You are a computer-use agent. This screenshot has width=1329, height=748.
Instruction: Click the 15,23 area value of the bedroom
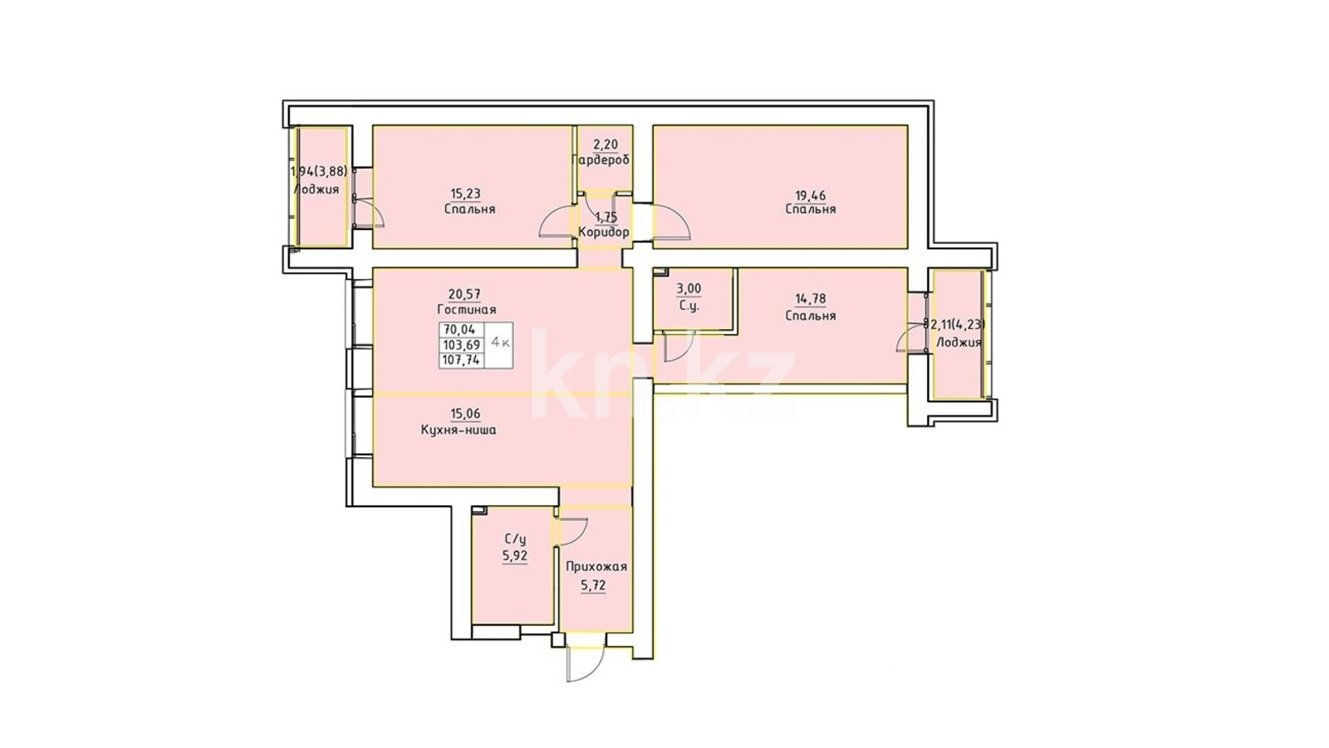(465, 194)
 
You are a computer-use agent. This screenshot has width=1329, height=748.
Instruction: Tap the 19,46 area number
(810, 194)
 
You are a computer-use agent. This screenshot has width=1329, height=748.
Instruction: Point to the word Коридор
(604, 232)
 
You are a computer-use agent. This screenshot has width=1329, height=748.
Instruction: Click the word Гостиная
(466, 309)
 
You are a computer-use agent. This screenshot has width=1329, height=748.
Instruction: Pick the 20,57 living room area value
(465, 294)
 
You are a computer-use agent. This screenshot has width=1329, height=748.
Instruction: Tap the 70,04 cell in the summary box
(462, 330)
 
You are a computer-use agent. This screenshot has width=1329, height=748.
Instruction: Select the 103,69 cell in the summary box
(462, 345)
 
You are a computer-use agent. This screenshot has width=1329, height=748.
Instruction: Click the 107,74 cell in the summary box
(462, 360)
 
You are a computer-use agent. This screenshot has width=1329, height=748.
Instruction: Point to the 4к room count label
(499, 342)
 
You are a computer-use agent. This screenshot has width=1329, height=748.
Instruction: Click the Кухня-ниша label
(459, 430)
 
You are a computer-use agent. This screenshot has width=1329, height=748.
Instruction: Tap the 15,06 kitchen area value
(466, 414)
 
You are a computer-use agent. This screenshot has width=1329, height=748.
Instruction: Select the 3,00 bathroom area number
(689, 289)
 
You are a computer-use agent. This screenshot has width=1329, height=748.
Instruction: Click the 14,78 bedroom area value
(811, 299)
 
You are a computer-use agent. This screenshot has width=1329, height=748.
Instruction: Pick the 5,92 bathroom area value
(515, 556)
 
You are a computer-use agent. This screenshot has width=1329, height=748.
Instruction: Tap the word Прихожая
(596, 567)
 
